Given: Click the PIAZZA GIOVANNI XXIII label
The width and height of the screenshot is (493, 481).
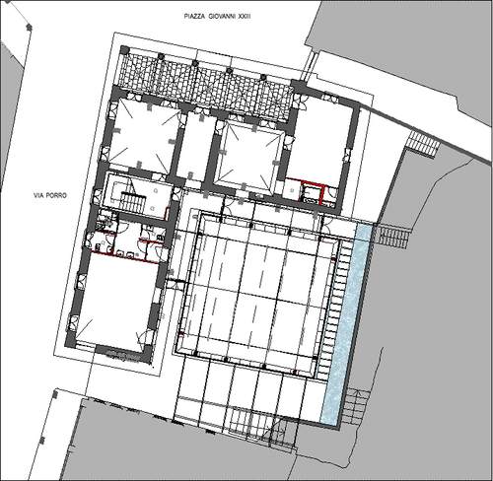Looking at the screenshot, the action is [x=218, y=17].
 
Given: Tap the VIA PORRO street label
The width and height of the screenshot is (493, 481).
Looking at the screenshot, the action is [x=50, y=195].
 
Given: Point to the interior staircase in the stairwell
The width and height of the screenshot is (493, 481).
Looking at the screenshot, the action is [x=132, y=201].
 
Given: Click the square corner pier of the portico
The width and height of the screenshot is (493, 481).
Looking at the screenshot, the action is [x=125, y=50].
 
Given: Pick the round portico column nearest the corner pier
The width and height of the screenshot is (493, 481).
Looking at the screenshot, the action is [x=161, y=57].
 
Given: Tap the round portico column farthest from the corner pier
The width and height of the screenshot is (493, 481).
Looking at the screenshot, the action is [x=263, y=77].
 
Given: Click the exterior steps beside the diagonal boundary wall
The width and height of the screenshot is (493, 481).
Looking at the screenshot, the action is [x=423, y=142].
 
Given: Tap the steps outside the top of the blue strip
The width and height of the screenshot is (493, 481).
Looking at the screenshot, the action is [x=392, y=236].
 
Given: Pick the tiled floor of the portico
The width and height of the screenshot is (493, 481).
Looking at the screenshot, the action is [x=206, y=77].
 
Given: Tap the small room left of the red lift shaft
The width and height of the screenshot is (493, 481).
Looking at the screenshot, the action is [x=292, y=190].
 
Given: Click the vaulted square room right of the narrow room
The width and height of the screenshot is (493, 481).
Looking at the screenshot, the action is [x=248, y=155].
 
